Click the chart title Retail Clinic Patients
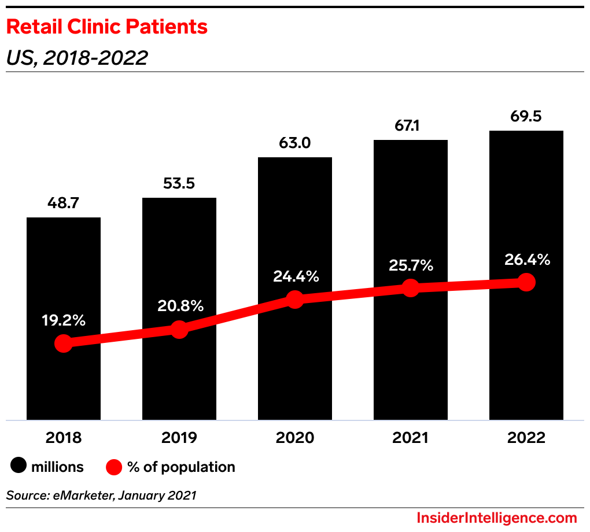tap(107, 27)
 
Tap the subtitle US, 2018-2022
tap(77, 57)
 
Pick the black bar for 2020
tap(295, 231)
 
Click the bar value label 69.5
tap(526, 117)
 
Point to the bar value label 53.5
tap(179, 184)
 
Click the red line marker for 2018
tap(64, 343)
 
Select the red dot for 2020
tap(295, 300)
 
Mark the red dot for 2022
tap(526, 282)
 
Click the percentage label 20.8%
tap(180, 306)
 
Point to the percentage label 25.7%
tap(410, 265)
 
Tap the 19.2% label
tap(64, 320)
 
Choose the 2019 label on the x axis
tap(179, 438)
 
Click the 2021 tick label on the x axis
tap(410, 438)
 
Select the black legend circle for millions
tap(19, 467)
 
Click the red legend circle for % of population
tap(115, 467)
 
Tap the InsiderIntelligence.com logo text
tap(497, 518)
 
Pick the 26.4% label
tap(527, 260)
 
